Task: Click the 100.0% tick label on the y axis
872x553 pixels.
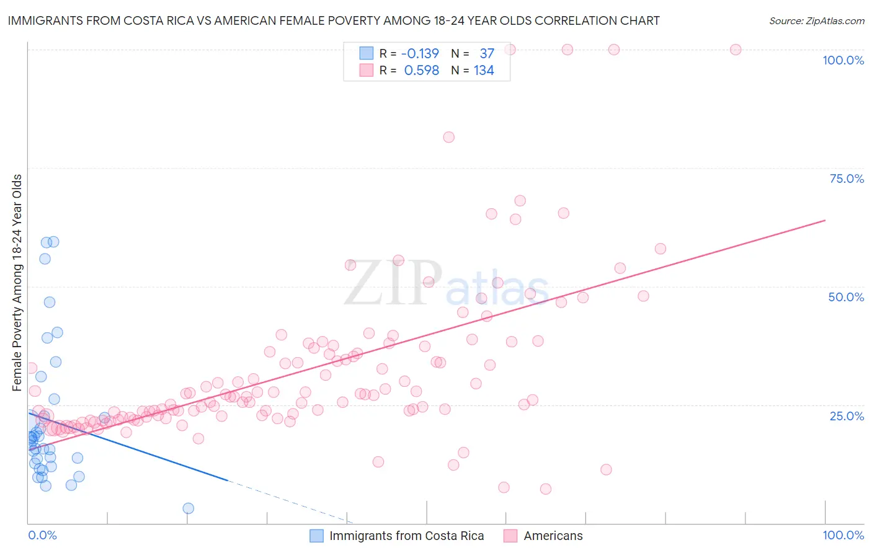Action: click(x=843, y=60)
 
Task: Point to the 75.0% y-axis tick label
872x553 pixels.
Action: click(x=847, y=179)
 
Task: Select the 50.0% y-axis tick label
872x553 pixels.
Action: click(x=846, y=297)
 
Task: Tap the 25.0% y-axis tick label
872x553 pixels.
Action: click(x=847, y=416)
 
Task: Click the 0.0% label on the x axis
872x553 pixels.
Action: click(x=42, y=535)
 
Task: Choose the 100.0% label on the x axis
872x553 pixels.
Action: click(x=843, y=535)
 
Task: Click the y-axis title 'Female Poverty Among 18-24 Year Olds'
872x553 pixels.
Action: click(x=17, y=283)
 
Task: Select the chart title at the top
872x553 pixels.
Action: click(x=333, y=20)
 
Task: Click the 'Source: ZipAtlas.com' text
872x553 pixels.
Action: click(x=816, y=20)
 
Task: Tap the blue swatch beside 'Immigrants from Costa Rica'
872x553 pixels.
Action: click(x=317, y=536)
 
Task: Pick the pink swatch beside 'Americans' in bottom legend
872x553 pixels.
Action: click(x=510, y=536)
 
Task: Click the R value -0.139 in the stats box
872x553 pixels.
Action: click(x=420, y=54)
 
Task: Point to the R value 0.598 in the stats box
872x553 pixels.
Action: click(x=421, y=71)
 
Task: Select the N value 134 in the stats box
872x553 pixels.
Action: click(x=484, y=71)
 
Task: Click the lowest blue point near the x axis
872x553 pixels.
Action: click(x=188, y=508)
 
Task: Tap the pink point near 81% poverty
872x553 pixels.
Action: click(x=448, y=137)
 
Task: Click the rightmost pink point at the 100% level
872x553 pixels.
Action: click(x=736, y=50)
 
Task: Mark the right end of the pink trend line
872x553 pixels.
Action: click(x=824, y=220)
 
